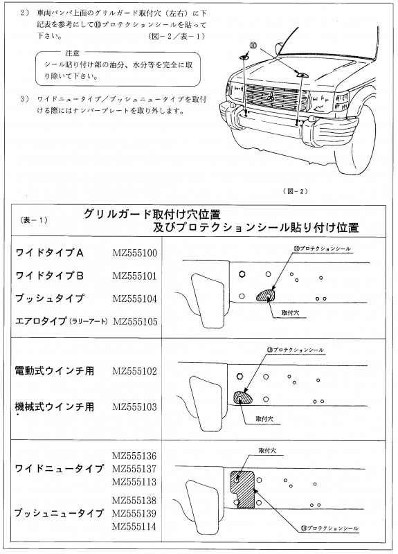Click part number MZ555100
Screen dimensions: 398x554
(135, 253)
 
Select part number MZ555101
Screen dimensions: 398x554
(134, 276)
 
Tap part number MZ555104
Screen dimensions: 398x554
(135, 298)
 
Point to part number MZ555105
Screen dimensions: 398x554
(135, 321)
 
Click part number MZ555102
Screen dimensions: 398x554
(134, 371)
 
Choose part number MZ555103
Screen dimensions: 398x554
(134, 406)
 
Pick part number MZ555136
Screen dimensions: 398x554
(134, 456)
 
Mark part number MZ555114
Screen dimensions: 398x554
(134, 526)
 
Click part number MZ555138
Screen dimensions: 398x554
(134, 500)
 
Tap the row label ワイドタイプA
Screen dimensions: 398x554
(49, 253)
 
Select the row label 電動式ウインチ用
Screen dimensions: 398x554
(55, 370)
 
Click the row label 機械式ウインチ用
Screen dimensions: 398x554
(55, 406)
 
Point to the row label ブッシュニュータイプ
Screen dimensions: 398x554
(59, 513)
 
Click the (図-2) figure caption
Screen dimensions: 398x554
(296, 191)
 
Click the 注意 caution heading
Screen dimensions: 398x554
(73, 53)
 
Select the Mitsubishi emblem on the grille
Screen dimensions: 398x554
(271, 97)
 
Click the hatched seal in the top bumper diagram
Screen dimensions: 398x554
(266, 296)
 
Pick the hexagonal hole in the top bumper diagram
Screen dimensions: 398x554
(242, 274)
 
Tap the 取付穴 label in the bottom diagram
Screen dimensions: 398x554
(267, 451)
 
